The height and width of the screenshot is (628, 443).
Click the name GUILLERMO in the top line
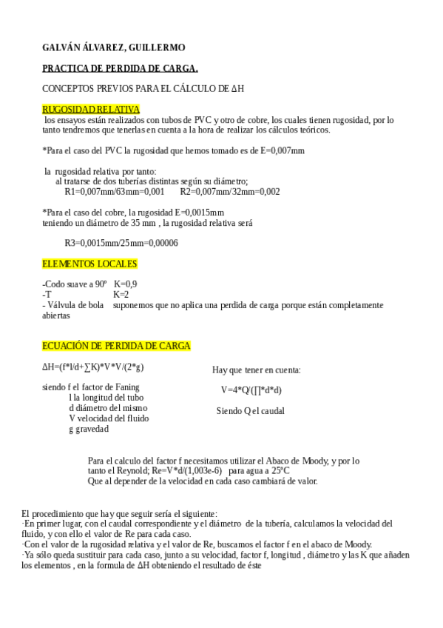click(x=158, y=47)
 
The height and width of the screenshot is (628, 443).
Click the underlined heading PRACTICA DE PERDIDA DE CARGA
click(x=120, y=68)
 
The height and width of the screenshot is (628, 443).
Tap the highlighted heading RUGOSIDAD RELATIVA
click(x=91, y=109)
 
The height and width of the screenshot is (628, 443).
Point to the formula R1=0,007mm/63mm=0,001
click(x=115, y=191)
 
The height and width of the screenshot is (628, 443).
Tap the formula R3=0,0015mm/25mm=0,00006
click(x=121, y=243)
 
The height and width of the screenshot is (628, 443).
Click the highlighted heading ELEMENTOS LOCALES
click(x=89, y=264)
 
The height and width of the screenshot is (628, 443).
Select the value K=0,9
click(x=125, y=284)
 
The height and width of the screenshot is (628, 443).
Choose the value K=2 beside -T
click(x=121, y=294)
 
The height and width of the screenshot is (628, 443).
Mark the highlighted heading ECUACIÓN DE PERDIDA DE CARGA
click(x=116, y=346)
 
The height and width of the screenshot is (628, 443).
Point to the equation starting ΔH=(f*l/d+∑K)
click(x=92, y=367)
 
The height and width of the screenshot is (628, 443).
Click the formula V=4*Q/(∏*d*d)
click(x=251, y=390)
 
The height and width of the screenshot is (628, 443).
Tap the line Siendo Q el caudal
click(x=250, y=410)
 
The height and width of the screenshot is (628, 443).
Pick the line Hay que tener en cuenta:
click(x=256, y=370)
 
